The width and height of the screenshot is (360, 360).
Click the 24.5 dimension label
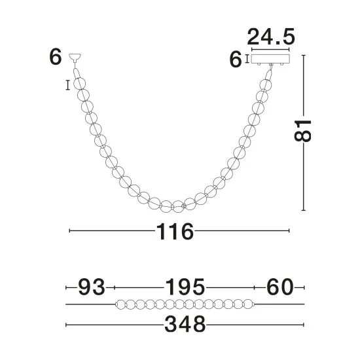point(271,37)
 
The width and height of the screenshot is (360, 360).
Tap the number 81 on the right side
point(302,131)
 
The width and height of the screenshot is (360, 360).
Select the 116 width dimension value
point(175,232)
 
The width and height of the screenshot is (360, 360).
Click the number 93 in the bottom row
point(92,287)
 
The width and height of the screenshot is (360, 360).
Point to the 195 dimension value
point(185,287)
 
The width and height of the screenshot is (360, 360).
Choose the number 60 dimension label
point(280,287)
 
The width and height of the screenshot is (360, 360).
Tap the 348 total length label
point(185,324)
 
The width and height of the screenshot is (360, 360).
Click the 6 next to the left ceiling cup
point(56,57)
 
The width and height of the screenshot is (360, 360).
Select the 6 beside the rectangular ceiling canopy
point(236,60)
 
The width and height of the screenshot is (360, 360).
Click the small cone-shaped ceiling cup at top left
point(75,58)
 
